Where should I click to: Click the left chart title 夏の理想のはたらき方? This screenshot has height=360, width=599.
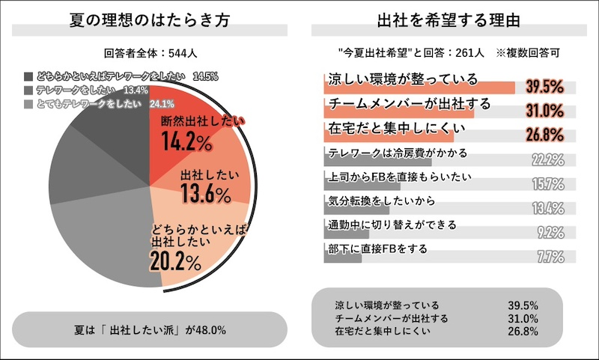[150, 17]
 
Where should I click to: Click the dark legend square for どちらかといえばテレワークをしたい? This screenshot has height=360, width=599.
[28, 76]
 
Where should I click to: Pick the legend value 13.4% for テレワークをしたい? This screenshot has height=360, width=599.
[134, 90]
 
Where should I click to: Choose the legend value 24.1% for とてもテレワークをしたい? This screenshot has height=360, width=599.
[162, 103]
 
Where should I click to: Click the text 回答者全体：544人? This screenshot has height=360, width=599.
[150, 53]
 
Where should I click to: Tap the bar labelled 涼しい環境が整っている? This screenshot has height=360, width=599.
[419, 87]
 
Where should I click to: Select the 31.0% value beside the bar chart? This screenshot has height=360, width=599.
[544, 112]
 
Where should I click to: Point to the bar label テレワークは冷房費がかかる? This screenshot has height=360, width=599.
[398, 153]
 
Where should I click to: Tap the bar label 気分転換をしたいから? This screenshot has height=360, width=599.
[382, 201]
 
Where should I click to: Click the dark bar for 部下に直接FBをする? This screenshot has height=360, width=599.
[342, 256]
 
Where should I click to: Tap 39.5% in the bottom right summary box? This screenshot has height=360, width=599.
[522, 305]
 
